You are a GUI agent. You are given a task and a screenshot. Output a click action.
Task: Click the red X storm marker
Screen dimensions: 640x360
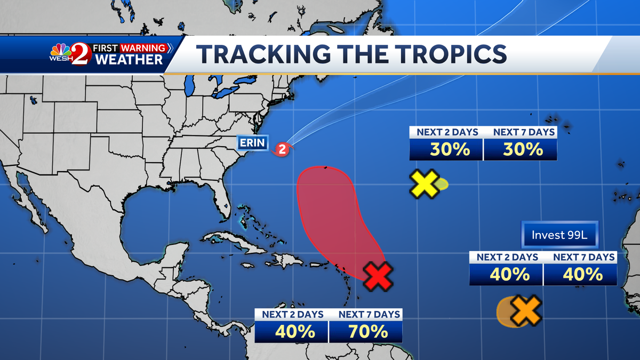tap(378, 276)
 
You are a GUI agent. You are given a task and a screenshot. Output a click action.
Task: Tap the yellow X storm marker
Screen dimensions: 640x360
tap(425, 185)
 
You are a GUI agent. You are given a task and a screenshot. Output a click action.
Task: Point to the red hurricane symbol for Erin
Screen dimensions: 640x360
tap(284, 149)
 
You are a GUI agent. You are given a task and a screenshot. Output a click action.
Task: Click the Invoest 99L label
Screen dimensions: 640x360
tap(559, 235)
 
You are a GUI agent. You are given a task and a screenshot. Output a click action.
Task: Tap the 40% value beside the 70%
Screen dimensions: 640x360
tap(292, 332)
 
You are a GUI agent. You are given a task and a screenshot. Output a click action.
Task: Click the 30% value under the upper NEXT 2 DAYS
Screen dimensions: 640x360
tap(446, 149)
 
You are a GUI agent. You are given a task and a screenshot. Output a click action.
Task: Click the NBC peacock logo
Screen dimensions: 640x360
tap(60, 52)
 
